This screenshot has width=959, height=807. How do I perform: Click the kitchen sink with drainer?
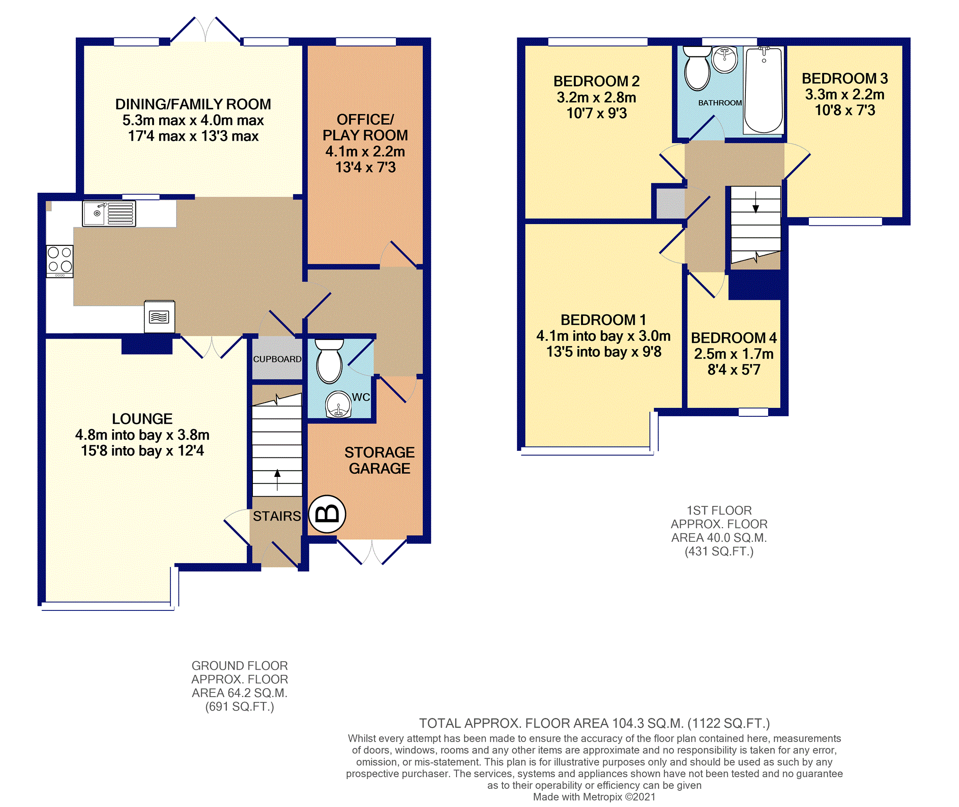tap(109, 213)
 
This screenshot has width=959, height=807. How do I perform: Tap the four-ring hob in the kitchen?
tap(60, 261)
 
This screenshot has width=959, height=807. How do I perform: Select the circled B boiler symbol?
tap(327, 514)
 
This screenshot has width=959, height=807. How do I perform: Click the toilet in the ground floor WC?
tap(329, 361)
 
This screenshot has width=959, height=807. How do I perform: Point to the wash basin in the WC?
tap(339, 404)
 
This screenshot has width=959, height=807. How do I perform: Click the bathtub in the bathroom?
tap(763, 90)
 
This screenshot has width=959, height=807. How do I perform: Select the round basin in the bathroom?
tap(725, 59)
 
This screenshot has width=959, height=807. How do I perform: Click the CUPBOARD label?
tap(277, 359)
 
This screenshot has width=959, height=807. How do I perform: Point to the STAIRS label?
tap(277, 516)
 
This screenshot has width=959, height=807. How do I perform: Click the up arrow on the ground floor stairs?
tap(277, 480)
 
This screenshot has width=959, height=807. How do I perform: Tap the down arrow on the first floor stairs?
tap(756, 202)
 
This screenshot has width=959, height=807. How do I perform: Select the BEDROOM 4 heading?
tap(734, 338)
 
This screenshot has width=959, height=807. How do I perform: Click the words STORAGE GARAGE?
tap(379, 460)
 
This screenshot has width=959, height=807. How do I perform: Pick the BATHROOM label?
tap(720, 103)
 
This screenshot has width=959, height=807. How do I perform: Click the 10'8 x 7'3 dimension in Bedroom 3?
tap(845, 110)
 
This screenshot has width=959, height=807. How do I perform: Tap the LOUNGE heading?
tap(142, 419)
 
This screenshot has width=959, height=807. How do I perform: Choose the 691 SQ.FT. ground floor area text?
tap(240, 707)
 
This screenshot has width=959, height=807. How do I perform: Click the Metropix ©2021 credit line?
tap(594, 797)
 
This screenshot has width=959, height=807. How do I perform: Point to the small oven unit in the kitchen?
tap(160, 316)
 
